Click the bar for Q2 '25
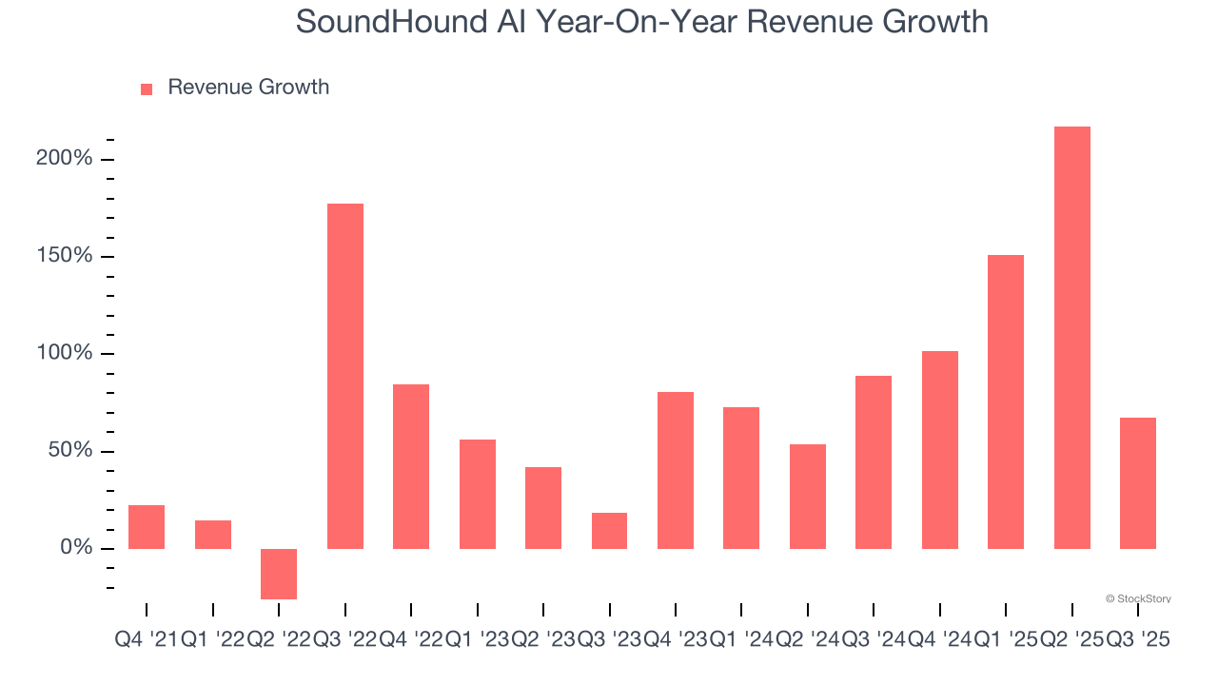tap(1071, 338)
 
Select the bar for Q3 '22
tap(344, 376)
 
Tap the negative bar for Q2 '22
tap(279, 574)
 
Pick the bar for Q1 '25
tap(1006, 401)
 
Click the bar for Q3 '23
tap(609, 531)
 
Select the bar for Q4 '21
tap(147, 527)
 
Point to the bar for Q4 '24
tap(939, 450)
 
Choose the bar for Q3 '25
tap(1138, 483)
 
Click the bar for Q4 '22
tap(411, 466)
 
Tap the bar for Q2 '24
tap(808, 497)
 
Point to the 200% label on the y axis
tap(65, 159)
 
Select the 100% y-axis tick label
tap(65, 354)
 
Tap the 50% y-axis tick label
tap(70, 451)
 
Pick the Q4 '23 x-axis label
tap(676, 640)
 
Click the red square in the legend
tap(147, 89)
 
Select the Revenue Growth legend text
tap(248, 88)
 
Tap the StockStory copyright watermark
tap(1138, 598)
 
